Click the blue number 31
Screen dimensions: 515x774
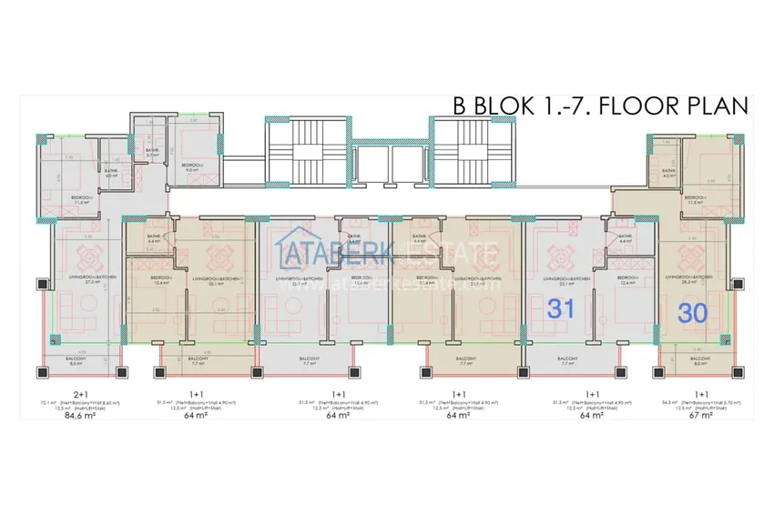click(x=559, y=309)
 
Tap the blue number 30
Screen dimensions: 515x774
click(x=694, y=313)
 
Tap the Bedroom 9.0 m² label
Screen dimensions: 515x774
click(x=192, y=168)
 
